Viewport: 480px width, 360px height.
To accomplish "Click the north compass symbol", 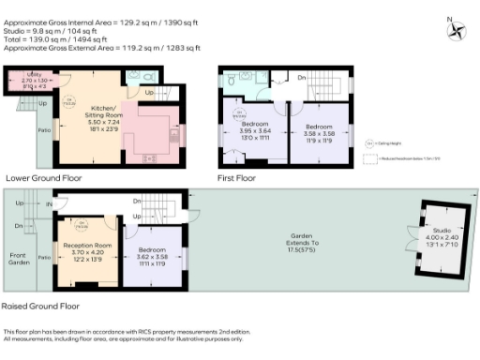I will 457,28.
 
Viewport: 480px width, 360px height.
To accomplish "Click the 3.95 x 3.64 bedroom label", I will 254,130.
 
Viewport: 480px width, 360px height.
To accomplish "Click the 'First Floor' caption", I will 238,176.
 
